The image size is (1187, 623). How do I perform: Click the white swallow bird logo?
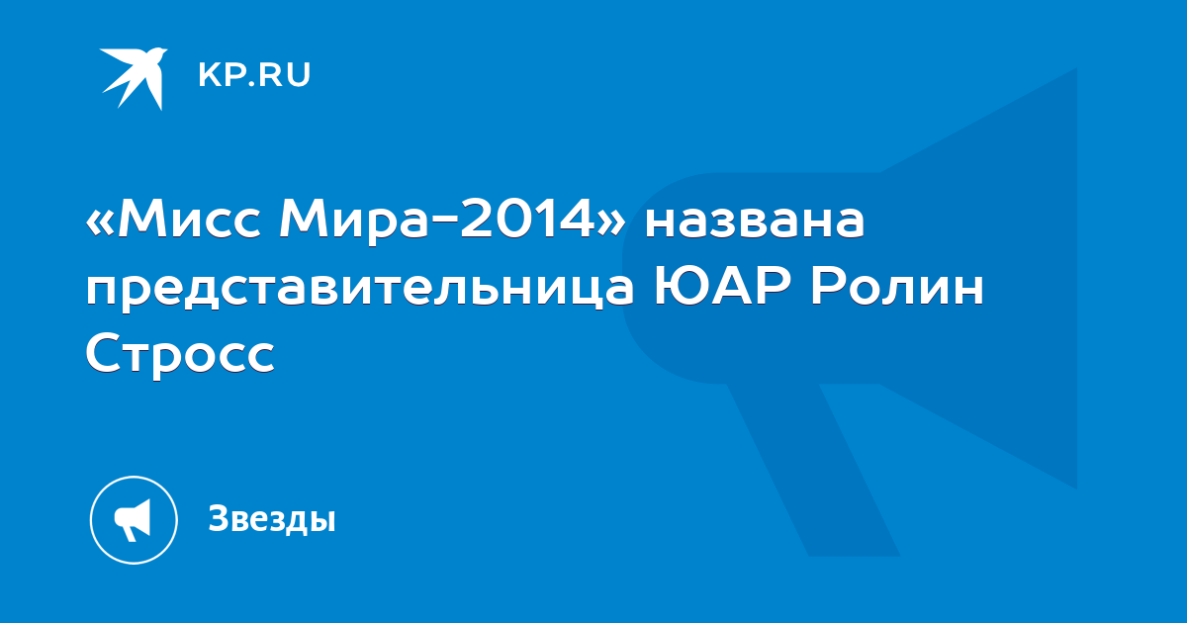(x=133, y=78)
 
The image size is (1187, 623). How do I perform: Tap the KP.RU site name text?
(x=254, y=75)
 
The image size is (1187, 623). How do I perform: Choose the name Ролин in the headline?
(x=897, y=287)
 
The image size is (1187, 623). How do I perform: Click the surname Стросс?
(x=180, y=353)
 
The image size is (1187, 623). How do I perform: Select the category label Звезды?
(x=272, y=518)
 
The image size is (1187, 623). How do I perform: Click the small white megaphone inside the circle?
(x=133, y=520)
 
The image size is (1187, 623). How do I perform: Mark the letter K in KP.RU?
(x=210, y=75)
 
